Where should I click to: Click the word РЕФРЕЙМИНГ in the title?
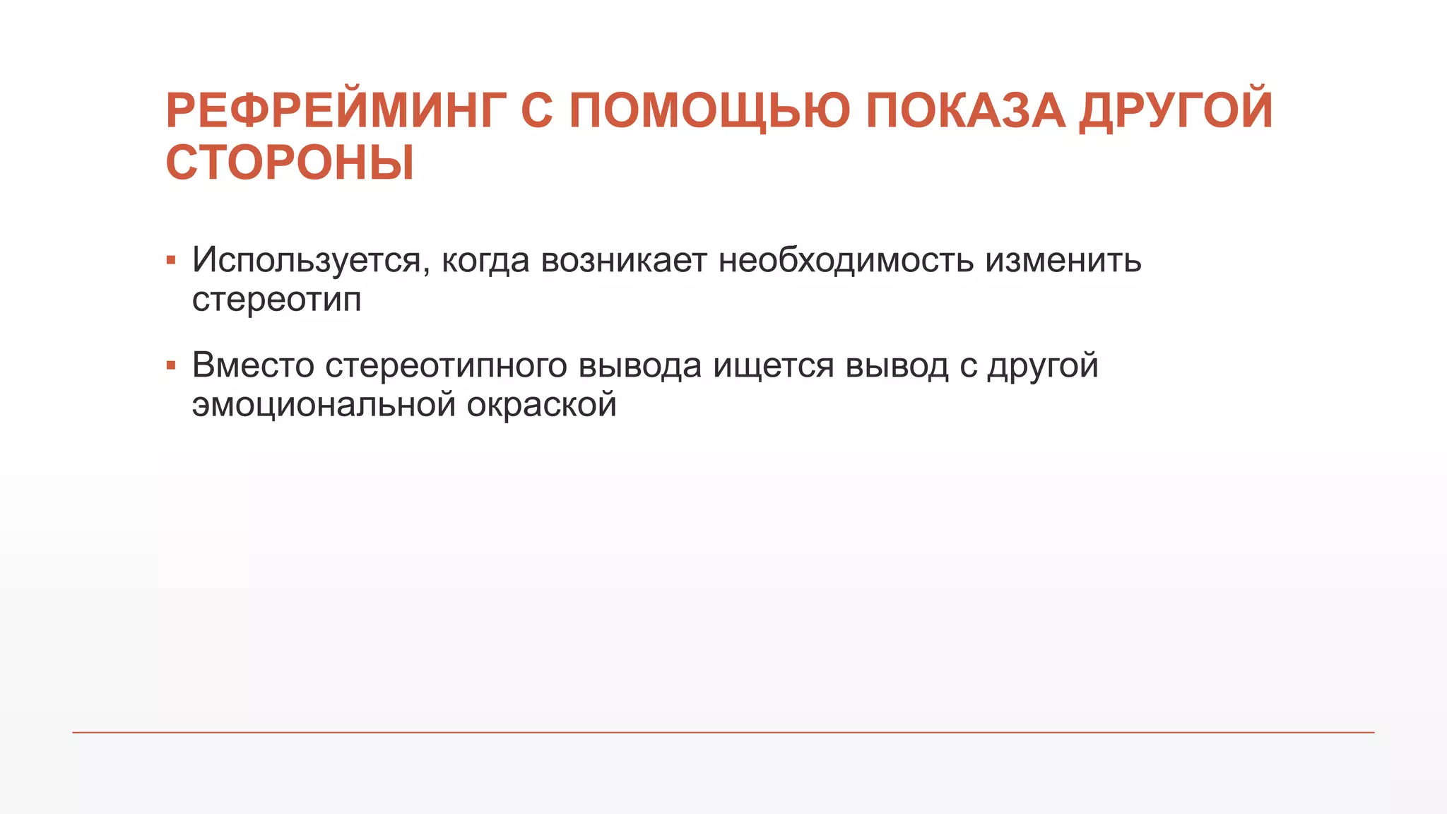click(x=335, y=111)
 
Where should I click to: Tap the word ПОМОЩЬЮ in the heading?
click(x=709, y=111)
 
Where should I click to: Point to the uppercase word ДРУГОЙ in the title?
click(x=1176, y=111)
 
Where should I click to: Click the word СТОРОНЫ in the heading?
click(x=290, y=163)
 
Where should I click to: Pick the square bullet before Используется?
click(x=171, y=260)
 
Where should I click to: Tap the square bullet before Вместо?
click(x=171, y=365)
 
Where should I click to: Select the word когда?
click(x=485, y=260)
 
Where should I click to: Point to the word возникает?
click(x=624, y=260)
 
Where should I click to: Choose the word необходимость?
click(x=846, y=260)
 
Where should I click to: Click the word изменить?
click(x=1063, y=260)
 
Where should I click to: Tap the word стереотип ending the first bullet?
click(x=276, y=299)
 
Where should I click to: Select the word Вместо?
click(x=253, y=365)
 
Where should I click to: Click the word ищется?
click(x=774, y=367)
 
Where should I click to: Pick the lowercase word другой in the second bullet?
click(x=1043, y=367)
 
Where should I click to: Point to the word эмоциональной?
click(x=324, y=405)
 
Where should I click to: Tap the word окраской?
click(x=541, y=405)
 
